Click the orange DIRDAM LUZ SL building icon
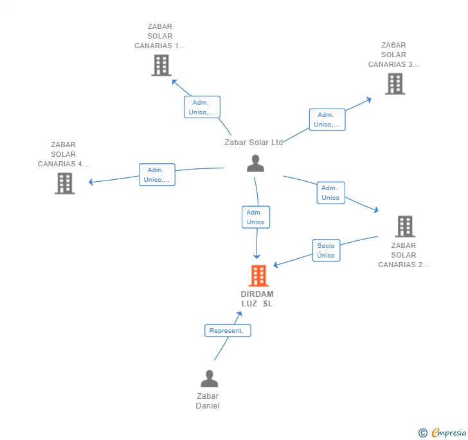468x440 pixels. click(x=258, y=276)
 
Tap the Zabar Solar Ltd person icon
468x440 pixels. click(x=255, y=164)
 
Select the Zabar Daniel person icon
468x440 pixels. click(x=209, y=378)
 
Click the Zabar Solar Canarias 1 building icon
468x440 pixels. click(x=161, y=65)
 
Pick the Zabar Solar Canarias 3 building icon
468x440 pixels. click(x=395, y=84)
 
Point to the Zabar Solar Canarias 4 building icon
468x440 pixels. click(x=64, y=183)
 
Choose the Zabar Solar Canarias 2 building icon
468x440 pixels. click(x=404, y=226)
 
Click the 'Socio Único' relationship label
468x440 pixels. click(x=326, y=251)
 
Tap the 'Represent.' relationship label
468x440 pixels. click(x=228, y=331)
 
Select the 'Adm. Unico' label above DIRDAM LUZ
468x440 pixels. click(x=255, y=217)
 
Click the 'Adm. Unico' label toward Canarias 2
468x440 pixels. click(x=330, y=193)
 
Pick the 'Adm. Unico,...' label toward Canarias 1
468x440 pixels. click(x=202, y=107)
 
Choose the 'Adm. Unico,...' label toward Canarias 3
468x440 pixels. click(x=327, y=119)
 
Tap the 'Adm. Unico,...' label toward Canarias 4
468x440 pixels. click(x=157, y=175)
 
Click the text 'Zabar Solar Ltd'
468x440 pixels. click(x=254, y=142)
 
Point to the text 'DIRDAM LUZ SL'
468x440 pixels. click(x=257, y=299)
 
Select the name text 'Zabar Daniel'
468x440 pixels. click(x=208, y=401)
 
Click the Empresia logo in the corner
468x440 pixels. click(x=449, y=433)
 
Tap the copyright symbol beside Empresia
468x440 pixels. click(x=423, y=434)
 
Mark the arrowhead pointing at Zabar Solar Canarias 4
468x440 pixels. click(x=91, y=182)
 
